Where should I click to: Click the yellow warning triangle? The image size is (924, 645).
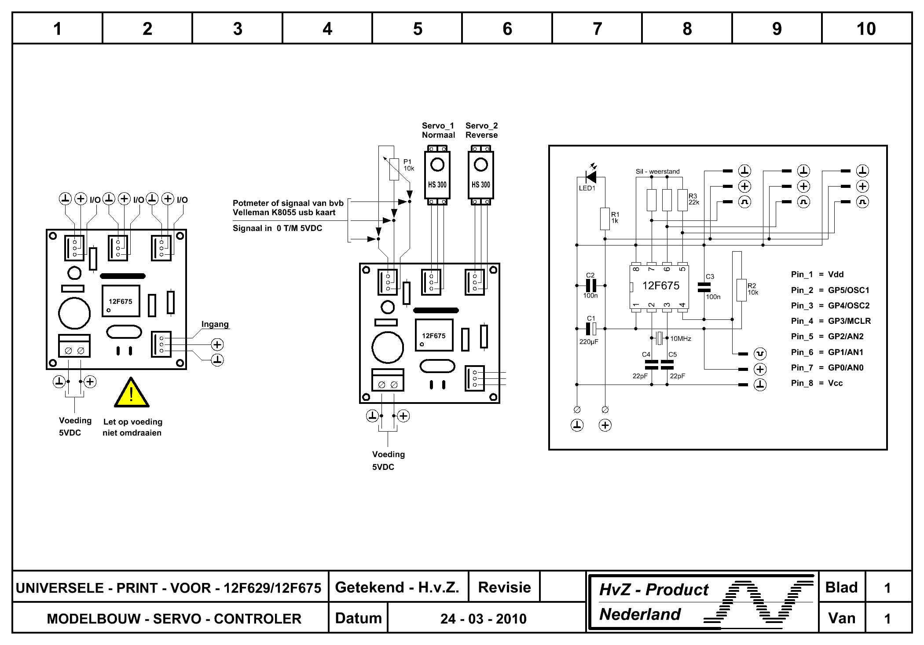(x=131, y=393)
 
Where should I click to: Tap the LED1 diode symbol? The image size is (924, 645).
(x=591, y=177)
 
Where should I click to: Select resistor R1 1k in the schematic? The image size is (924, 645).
(x=605, y=219)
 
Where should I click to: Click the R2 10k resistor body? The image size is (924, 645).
(x=741, y=290)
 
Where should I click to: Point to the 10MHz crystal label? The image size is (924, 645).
(x=680, y=339)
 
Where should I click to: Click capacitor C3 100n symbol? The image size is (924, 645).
(x=704, y=287)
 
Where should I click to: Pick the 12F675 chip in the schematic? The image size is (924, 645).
(x=660, y=286)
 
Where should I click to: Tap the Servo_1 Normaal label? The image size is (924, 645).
(x=438, y=130)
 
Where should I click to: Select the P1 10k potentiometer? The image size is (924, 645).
(x=394, y=169)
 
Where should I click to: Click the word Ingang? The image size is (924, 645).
(x=215, y=324)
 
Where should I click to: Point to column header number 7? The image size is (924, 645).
(x=597, y=29)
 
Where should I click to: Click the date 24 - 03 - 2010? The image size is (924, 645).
(x=483, y=619)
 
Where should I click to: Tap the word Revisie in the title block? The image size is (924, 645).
(x=504, y=587)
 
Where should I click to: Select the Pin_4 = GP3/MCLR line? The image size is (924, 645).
(x=831, y=321)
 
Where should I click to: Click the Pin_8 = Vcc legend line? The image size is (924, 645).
(x=817, y=383)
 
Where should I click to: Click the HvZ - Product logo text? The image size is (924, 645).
(x=654, y=590)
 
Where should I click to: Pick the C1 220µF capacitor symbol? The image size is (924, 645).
(x=590, y=329)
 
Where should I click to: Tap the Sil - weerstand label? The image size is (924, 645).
(x=657, y=172)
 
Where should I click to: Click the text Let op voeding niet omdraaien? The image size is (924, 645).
(x=132, y=427)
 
